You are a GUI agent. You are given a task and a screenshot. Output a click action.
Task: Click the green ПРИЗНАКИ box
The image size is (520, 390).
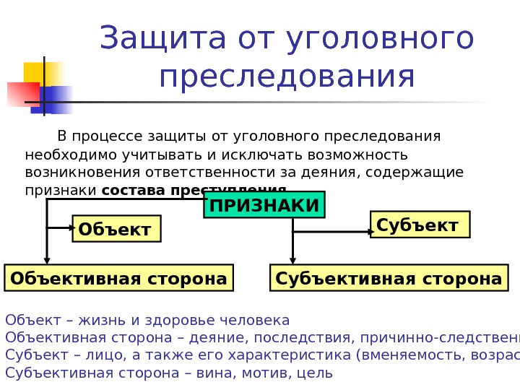coord(264,205)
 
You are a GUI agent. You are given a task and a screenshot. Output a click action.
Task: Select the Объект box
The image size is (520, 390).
coord(116,229)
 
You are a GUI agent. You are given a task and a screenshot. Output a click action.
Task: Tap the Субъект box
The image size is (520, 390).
coord(419,225)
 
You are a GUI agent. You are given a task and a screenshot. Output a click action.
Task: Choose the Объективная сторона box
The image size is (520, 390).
coord(119,278)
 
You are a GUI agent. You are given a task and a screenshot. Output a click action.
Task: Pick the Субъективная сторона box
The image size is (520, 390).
coord(389,278)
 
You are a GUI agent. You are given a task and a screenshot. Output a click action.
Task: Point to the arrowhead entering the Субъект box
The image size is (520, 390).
coord(369,232)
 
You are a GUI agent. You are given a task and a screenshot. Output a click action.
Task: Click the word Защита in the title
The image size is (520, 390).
coord(148,40)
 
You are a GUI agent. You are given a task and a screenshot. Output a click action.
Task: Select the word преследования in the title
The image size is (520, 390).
coord(287,78)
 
